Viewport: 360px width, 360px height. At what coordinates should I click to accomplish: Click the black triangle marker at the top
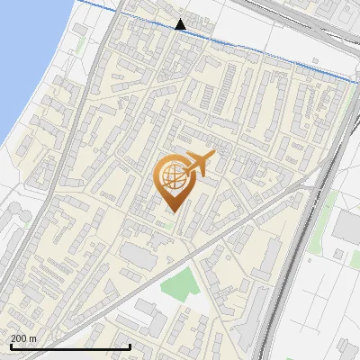181,23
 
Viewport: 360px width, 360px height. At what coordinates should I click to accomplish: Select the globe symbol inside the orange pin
172,177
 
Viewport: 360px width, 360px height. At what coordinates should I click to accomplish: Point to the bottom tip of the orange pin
173,211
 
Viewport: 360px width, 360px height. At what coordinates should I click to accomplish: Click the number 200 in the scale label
19,338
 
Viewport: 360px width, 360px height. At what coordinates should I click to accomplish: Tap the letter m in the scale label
33,338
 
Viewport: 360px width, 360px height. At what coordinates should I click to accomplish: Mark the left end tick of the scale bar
10,345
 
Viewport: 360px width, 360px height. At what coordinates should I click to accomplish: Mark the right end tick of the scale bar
131,345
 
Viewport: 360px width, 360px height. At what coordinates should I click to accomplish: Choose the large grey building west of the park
139,256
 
